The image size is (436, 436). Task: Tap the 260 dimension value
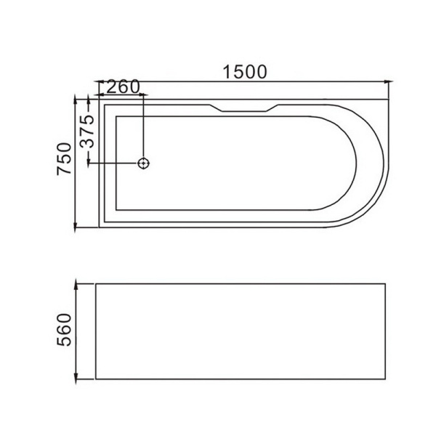[x=122, y=87]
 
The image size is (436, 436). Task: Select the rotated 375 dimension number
[x=86, y=131]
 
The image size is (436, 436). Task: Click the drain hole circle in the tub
[x=144, y=163]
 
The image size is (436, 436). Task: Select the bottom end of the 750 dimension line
[x=78, y=227]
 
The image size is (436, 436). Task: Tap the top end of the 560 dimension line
[x=78, y=282]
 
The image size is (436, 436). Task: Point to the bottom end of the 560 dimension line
[x=78, y=380]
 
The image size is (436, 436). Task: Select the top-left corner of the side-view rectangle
[x=96, y=282]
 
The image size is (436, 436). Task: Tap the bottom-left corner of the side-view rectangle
[x=96, y=380]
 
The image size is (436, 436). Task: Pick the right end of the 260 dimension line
[x=144, y=95]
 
